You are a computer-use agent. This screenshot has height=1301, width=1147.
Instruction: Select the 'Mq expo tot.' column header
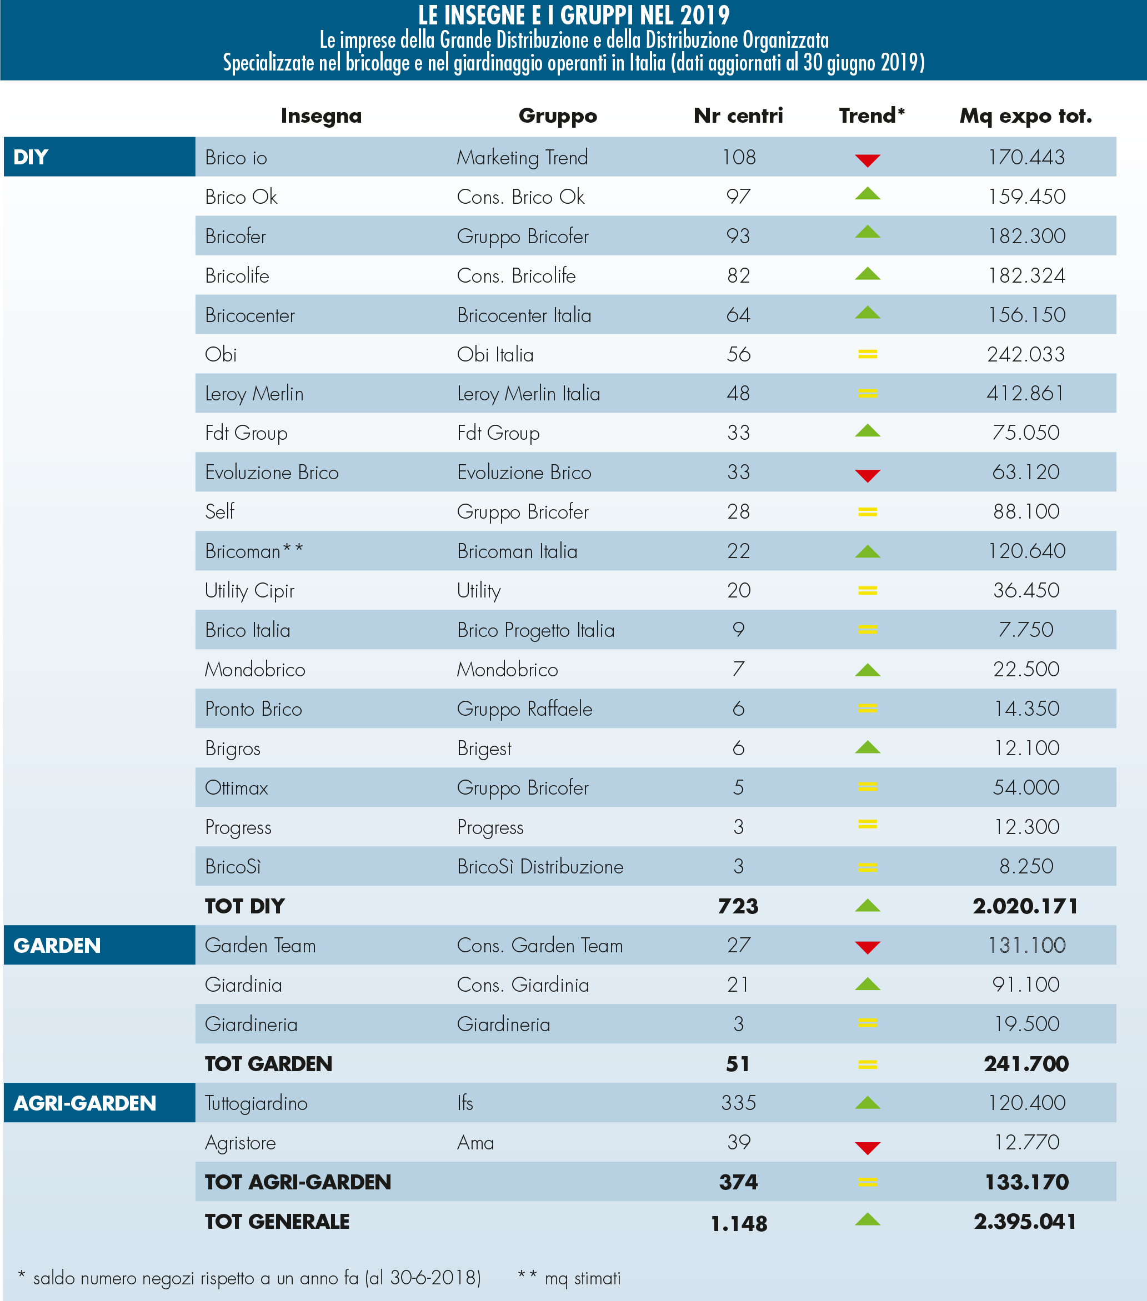(1025, 116)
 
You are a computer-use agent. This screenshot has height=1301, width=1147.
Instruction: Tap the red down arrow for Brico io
(868, 160)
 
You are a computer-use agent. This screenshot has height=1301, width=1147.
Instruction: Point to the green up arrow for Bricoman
(868, 551)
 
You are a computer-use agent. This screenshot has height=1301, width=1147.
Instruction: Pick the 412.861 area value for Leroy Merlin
(1025, 393)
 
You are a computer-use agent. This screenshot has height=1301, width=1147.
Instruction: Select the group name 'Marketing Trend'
(522, 157)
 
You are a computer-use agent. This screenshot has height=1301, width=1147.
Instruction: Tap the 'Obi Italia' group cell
(495, 354)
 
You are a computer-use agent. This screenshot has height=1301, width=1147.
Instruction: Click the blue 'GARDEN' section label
(57, 946)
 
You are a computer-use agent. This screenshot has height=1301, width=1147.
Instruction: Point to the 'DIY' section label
(31, 157)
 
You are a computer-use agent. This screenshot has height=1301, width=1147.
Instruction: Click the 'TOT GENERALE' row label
(277, 1222)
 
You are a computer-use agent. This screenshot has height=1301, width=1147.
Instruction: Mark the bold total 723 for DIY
(738, 906)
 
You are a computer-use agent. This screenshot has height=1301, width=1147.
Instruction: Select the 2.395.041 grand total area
(1025, 1222)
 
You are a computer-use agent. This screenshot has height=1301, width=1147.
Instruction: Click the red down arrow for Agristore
(868, 1148)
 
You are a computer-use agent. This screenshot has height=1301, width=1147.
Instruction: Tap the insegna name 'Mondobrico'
(255, 670)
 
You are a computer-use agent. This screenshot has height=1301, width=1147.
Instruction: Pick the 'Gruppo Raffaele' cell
(524, 709)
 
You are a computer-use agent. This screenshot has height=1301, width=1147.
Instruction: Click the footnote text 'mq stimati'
(582, 1278)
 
